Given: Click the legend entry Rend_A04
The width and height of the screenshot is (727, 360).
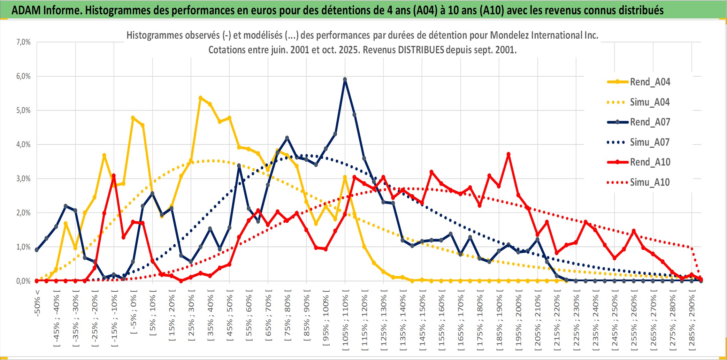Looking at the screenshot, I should coord(650,82).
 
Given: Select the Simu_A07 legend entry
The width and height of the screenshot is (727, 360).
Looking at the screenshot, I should coord(650,142).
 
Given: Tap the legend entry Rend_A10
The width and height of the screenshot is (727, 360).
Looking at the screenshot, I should coord(650,162).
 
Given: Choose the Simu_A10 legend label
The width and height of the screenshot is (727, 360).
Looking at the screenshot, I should coord(650,182).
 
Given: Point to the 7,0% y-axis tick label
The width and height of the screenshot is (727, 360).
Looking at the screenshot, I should coord(23,42).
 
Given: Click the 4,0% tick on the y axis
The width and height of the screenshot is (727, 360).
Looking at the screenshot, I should coord(23,144).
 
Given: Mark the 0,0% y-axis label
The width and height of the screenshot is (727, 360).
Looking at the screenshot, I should coord(23,281).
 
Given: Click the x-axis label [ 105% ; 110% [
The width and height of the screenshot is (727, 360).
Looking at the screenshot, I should coord(345,321).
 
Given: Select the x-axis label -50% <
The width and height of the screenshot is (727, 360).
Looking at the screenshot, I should coord(37,303).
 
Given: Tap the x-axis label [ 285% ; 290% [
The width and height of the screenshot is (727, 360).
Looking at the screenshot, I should coord(692,321).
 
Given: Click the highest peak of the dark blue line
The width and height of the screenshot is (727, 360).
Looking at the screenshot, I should coord(345,79).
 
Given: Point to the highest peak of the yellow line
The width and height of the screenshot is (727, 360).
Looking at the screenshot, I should coord(200,98).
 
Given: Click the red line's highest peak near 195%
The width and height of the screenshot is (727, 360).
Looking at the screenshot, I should coord(508,154).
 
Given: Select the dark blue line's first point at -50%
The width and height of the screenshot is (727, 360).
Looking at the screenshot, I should coord(37,250).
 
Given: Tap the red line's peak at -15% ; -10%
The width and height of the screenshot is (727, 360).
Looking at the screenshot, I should coord(114,176).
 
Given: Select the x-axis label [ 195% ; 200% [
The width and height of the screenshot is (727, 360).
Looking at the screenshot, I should coord(519,321).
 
